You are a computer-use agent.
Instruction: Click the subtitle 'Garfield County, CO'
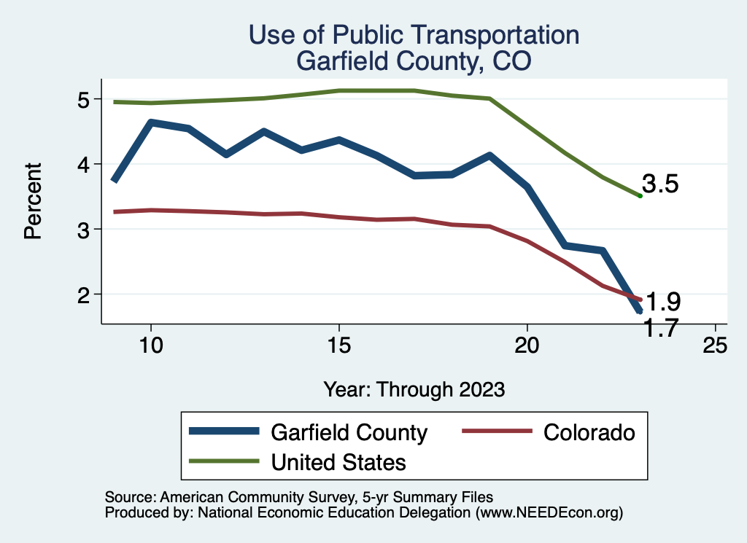(414, 61)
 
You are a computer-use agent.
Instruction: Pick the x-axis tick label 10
(150, 345)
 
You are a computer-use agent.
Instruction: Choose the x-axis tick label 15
(338, 345)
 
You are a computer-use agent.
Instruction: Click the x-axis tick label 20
(527, 345)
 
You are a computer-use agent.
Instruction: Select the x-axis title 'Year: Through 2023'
(414, 389)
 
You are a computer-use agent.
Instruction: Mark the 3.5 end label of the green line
(660, 184)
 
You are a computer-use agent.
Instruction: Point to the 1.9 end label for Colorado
(663, 301)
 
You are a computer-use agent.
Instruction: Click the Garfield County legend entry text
(349, 432)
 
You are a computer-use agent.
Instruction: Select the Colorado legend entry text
(589, 432)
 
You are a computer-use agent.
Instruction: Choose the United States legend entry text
(338, 461)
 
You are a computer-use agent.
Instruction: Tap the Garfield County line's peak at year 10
(150, 122)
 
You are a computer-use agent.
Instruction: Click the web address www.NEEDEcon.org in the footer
(549, 513)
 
